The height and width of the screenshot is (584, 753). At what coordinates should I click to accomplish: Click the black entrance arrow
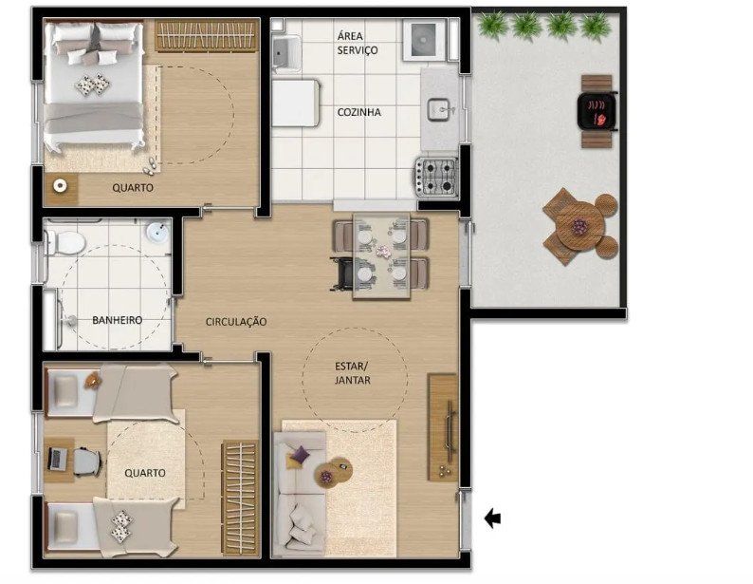tap(493, 518)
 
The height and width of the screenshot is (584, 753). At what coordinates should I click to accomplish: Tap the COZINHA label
tap(359, 112)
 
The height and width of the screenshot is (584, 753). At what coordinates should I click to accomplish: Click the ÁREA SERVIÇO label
tap(358, 43)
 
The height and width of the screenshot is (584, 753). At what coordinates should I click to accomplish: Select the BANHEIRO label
tap(118, 320)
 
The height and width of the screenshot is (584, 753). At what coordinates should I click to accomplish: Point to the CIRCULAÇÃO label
tap(236, 322)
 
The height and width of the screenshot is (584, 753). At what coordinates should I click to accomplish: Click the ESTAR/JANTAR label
tap(353, 373)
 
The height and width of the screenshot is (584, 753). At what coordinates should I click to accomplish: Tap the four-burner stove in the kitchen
tap(436, 177)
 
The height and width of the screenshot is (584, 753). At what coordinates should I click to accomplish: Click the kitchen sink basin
tap(439, 109)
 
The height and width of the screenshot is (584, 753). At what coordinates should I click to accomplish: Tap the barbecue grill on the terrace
tap(597, 111)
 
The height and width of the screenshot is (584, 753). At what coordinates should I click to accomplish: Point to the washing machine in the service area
tap(424, 40)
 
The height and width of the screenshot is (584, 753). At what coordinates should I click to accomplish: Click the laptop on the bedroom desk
tap(56, 459)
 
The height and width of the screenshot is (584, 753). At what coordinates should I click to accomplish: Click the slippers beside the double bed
tap(149, 165)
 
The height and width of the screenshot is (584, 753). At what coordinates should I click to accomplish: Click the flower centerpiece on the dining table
tap(383, 251)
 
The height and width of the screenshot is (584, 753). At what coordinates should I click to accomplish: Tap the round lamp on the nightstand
tap(60, 185)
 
